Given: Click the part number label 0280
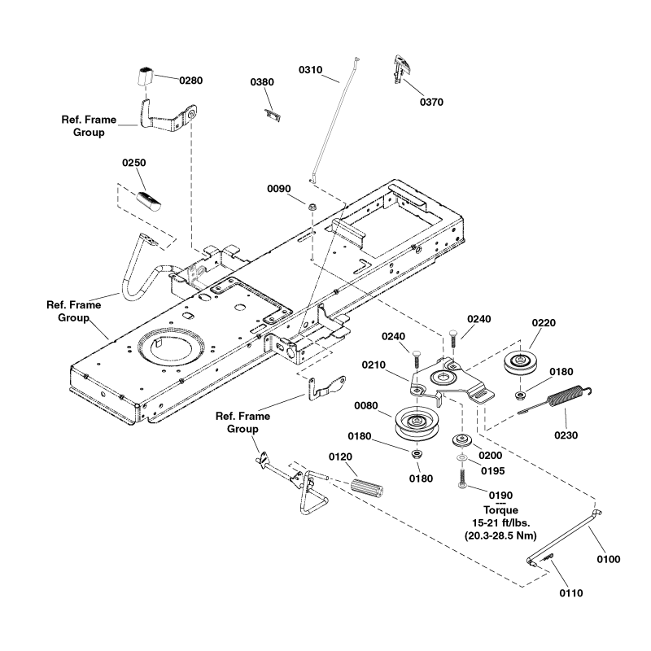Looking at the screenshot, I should (190, 81).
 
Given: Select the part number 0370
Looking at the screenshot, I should (432, 103).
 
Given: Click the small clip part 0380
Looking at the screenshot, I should (273, 112).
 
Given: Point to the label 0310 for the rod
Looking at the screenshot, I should (311, 70).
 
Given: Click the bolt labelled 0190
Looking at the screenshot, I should (462, 483).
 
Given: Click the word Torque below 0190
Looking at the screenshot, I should (489, 509).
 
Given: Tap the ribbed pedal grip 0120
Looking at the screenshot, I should (368, 491).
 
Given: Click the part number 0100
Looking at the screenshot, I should (608, 559).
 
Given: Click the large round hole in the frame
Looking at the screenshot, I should (171, 346).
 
